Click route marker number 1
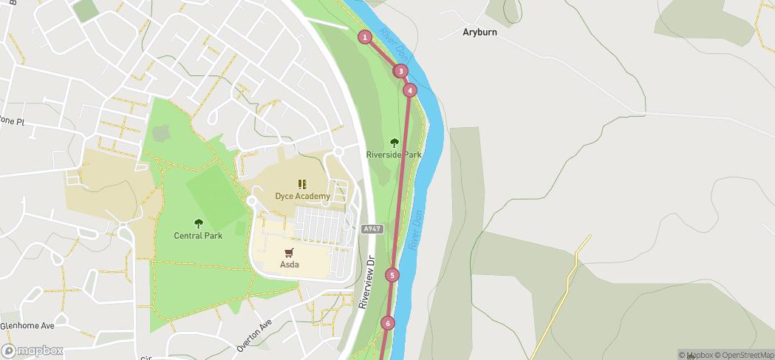tap(365, 37)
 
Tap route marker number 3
tap(400, 71)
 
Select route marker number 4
tap(410, 90)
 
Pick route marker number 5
tap(392, 275)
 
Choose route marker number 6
tap(388, 323)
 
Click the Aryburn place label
tap(479, 33)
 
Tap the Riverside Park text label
tap(394, 155)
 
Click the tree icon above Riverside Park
tap(394, 143)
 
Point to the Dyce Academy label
tap(302, 197)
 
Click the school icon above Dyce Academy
tap(302, 184)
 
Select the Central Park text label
tap(198, 237)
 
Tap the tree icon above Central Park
tap(198, 223)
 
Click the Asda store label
tap(289, 265)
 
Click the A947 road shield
tap(372, 230)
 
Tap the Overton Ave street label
tap(255, 335)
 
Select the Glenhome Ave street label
tap(27, 325)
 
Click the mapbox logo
tap(33, 350)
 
